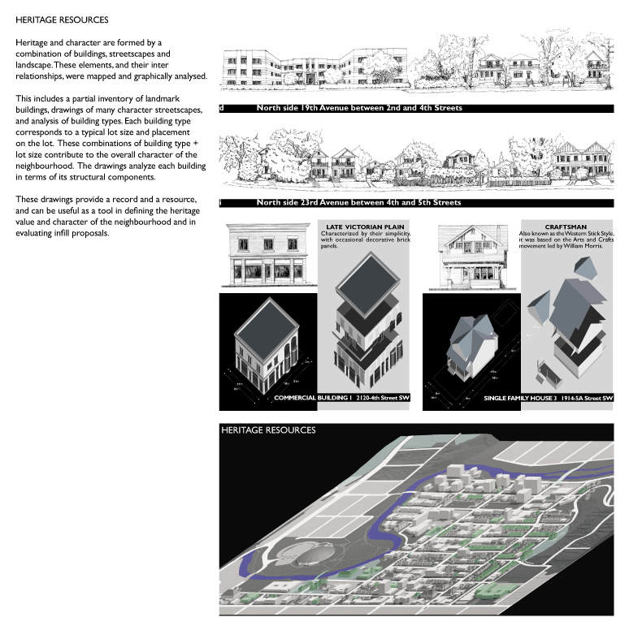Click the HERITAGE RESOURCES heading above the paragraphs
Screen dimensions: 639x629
(x=62, y=18)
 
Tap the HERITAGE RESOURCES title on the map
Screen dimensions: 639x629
(x=268, y=430)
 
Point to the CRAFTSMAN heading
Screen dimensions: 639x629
(x=566, y=227)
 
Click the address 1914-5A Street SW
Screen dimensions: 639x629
(x=584, y=399)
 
